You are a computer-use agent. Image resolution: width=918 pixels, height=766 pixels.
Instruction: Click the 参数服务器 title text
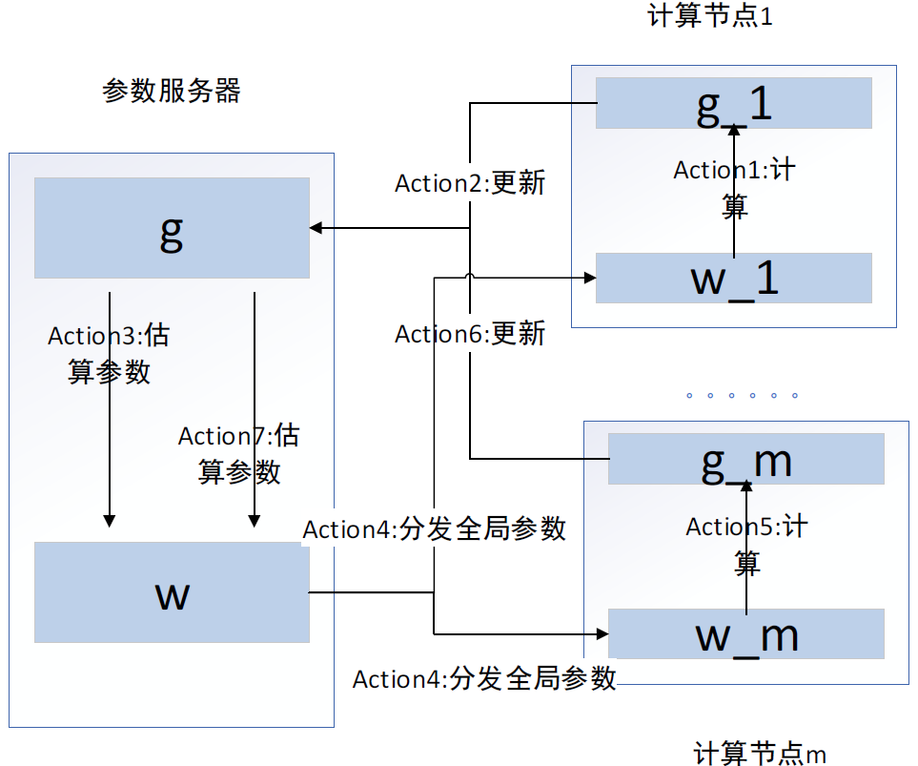pos(171,92)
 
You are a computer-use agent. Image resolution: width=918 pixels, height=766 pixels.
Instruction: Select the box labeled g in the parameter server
pos(172,228)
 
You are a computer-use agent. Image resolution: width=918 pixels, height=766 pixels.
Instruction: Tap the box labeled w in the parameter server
pos(172,592)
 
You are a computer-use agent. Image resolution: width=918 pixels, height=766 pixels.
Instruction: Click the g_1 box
pos(733,103)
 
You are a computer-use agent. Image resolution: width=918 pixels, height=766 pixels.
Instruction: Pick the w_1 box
pos(733,279)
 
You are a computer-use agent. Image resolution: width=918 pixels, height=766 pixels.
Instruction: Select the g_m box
pos(745,459)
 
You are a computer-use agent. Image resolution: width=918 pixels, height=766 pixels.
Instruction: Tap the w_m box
pos(745,634)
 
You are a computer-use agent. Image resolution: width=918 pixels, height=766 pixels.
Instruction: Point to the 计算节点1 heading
pos(708,17)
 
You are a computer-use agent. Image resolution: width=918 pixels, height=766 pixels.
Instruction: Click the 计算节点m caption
pos(760,753)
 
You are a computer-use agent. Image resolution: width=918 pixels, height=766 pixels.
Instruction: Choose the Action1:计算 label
pos(734,188)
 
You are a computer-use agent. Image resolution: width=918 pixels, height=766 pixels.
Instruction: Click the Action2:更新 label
pos(470,183)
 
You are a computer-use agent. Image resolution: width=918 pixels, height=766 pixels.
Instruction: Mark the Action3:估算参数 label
pos(109,353)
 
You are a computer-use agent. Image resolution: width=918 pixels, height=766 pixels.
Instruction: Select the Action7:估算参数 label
pos(238,453)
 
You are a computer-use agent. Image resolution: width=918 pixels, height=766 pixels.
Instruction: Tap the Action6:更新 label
pos(470,334)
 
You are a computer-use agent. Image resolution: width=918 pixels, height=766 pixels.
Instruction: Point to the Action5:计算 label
pos(746,544)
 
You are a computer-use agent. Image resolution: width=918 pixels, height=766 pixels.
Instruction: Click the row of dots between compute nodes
pos(742,395)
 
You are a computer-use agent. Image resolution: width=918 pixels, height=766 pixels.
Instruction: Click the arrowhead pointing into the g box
pos(316,228)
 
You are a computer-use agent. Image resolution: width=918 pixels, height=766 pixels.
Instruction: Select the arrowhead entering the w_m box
pos(602,632)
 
